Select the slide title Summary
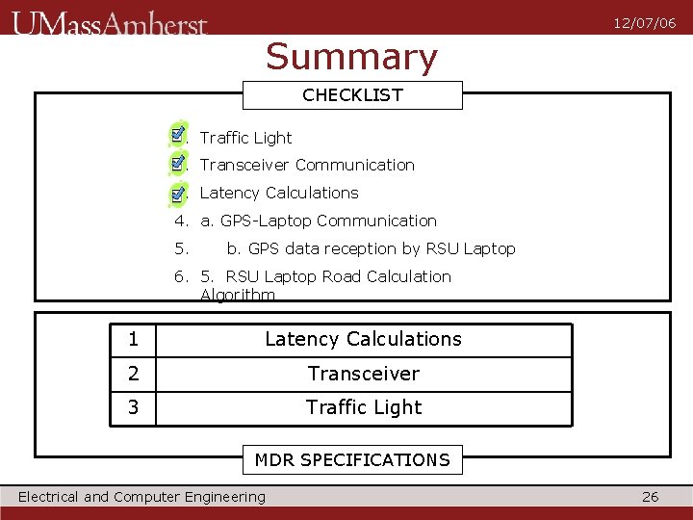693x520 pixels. tap(351, 58)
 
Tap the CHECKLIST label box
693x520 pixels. tap(352, 95)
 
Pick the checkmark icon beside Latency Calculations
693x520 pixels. tap(178, 192)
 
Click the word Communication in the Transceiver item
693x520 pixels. tap(354, 166)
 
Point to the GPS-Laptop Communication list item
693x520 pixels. tap(318, 221)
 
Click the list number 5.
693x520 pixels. tap(181, 249)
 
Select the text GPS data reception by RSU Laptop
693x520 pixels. tap(381, 249)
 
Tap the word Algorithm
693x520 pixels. tap(238, 295)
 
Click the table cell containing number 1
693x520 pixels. tap(133, 340)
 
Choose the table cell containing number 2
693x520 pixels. tap(133, 374)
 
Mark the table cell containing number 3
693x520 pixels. tap(133, 407)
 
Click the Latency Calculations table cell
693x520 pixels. tap(363, 340)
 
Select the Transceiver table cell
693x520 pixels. tap(363, 374)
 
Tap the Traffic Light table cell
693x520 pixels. tap(363, 407)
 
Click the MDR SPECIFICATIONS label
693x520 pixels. tap(352, 460)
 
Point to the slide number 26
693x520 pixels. tap(651, 497)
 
